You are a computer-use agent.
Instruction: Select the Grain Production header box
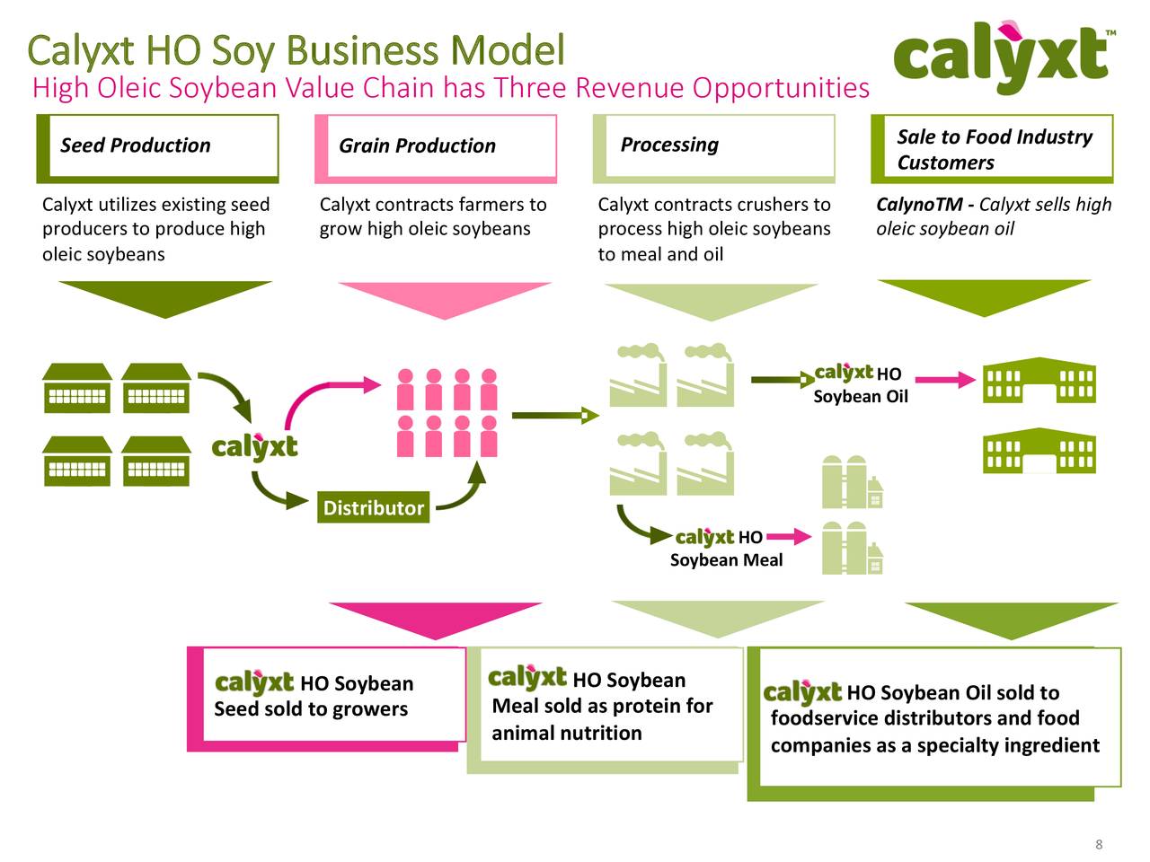pyautogui.click(x=436, y=146)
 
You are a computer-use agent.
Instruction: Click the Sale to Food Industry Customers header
pyautogui.click(x=993, y=149)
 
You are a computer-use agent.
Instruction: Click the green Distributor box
pyautogui.click(x=373, y=507)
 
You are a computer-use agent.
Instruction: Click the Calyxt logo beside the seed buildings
pyautogui.click(x=254, y=445)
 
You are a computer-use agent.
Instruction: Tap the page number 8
pyautogui.click(x=1098, y=844)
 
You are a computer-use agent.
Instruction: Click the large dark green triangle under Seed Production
pyautogui.click(x=164, y=296)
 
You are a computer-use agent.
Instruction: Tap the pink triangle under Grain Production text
pyautogui.click(x=444, y=297)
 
